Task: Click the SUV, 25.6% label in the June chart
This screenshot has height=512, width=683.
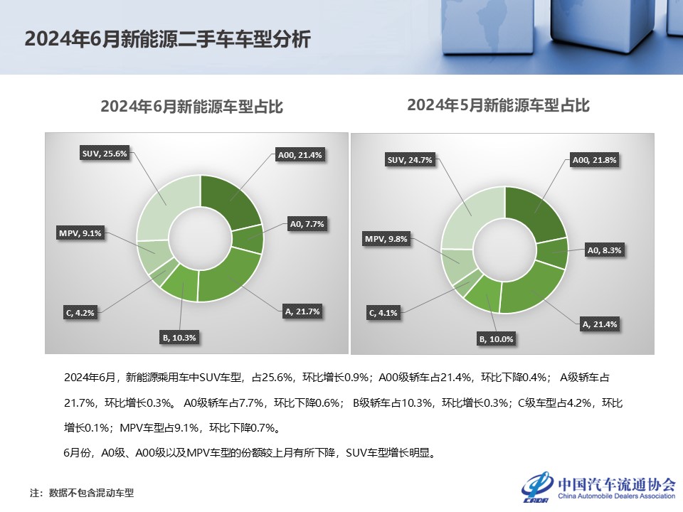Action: pyautogui.click(x=105, y=154)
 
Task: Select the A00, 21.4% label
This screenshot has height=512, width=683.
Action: pyautogui.click(x=300, y=155)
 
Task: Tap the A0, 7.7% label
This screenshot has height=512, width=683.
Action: pyautogui.click(x=307, y=224)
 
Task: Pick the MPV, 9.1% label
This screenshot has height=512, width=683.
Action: pyautogui.click(x=80, y=233)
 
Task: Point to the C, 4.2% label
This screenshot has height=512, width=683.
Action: pyautogui.click(x=80, y=313)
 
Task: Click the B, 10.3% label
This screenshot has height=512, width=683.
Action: pyautogui.click(x=179, y=338)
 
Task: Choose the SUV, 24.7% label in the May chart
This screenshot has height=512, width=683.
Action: pyautogui.click(x=410, y=160)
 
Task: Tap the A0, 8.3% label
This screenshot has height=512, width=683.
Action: pyautogui.click(x=605, y=250)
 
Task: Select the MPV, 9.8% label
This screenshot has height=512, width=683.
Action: pyautogui.click(x=386, y=239)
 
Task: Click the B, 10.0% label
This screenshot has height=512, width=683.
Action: pyautogui.click(x=497, y=339)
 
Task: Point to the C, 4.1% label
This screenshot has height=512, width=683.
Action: pyautogui.click(x=383, y=313)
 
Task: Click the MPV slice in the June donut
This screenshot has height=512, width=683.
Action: pyautogui.click(x=154, y=257)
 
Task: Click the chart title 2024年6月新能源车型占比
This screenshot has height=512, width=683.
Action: pyautogui.click(x=191, y=107)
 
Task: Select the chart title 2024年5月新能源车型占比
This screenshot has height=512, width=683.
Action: pyautogui.click(x=498, y=105)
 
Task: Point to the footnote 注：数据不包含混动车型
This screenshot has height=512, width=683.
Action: pyautogui.click(x=82, y=493)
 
